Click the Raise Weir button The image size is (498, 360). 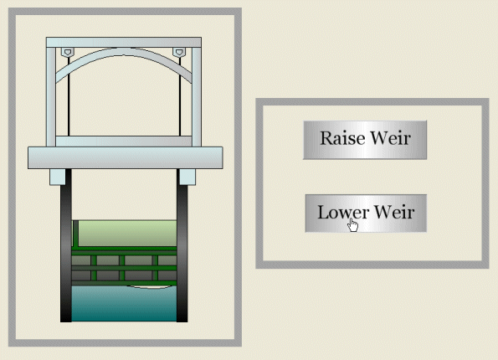coord(365,140)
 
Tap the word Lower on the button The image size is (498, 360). coord(343,212)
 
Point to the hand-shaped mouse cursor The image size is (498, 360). coord(353,225)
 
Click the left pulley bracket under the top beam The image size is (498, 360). coord(67,52)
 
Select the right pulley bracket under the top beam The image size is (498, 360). coord(179,52)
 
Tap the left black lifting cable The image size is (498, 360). coord(69,96)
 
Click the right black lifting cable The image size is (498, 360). coord(180,96)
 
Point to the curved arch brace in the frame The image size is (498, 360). coord(124,52)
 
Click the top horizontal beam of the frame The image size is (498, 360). coord(124,42)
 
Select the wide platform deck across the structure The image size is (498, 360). coord(126,157)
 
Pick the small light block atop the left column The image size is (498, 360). coord(58,177)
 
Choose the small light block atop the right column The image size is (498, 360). coord(187,177)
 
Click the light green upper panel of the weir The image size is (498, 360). coord(127,234)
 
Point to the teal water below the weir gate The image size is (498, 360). coord(124,303)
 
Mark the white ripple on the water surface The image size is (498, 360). coord(149,287)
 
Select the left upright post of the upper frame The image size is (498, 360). coord(51,97)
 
